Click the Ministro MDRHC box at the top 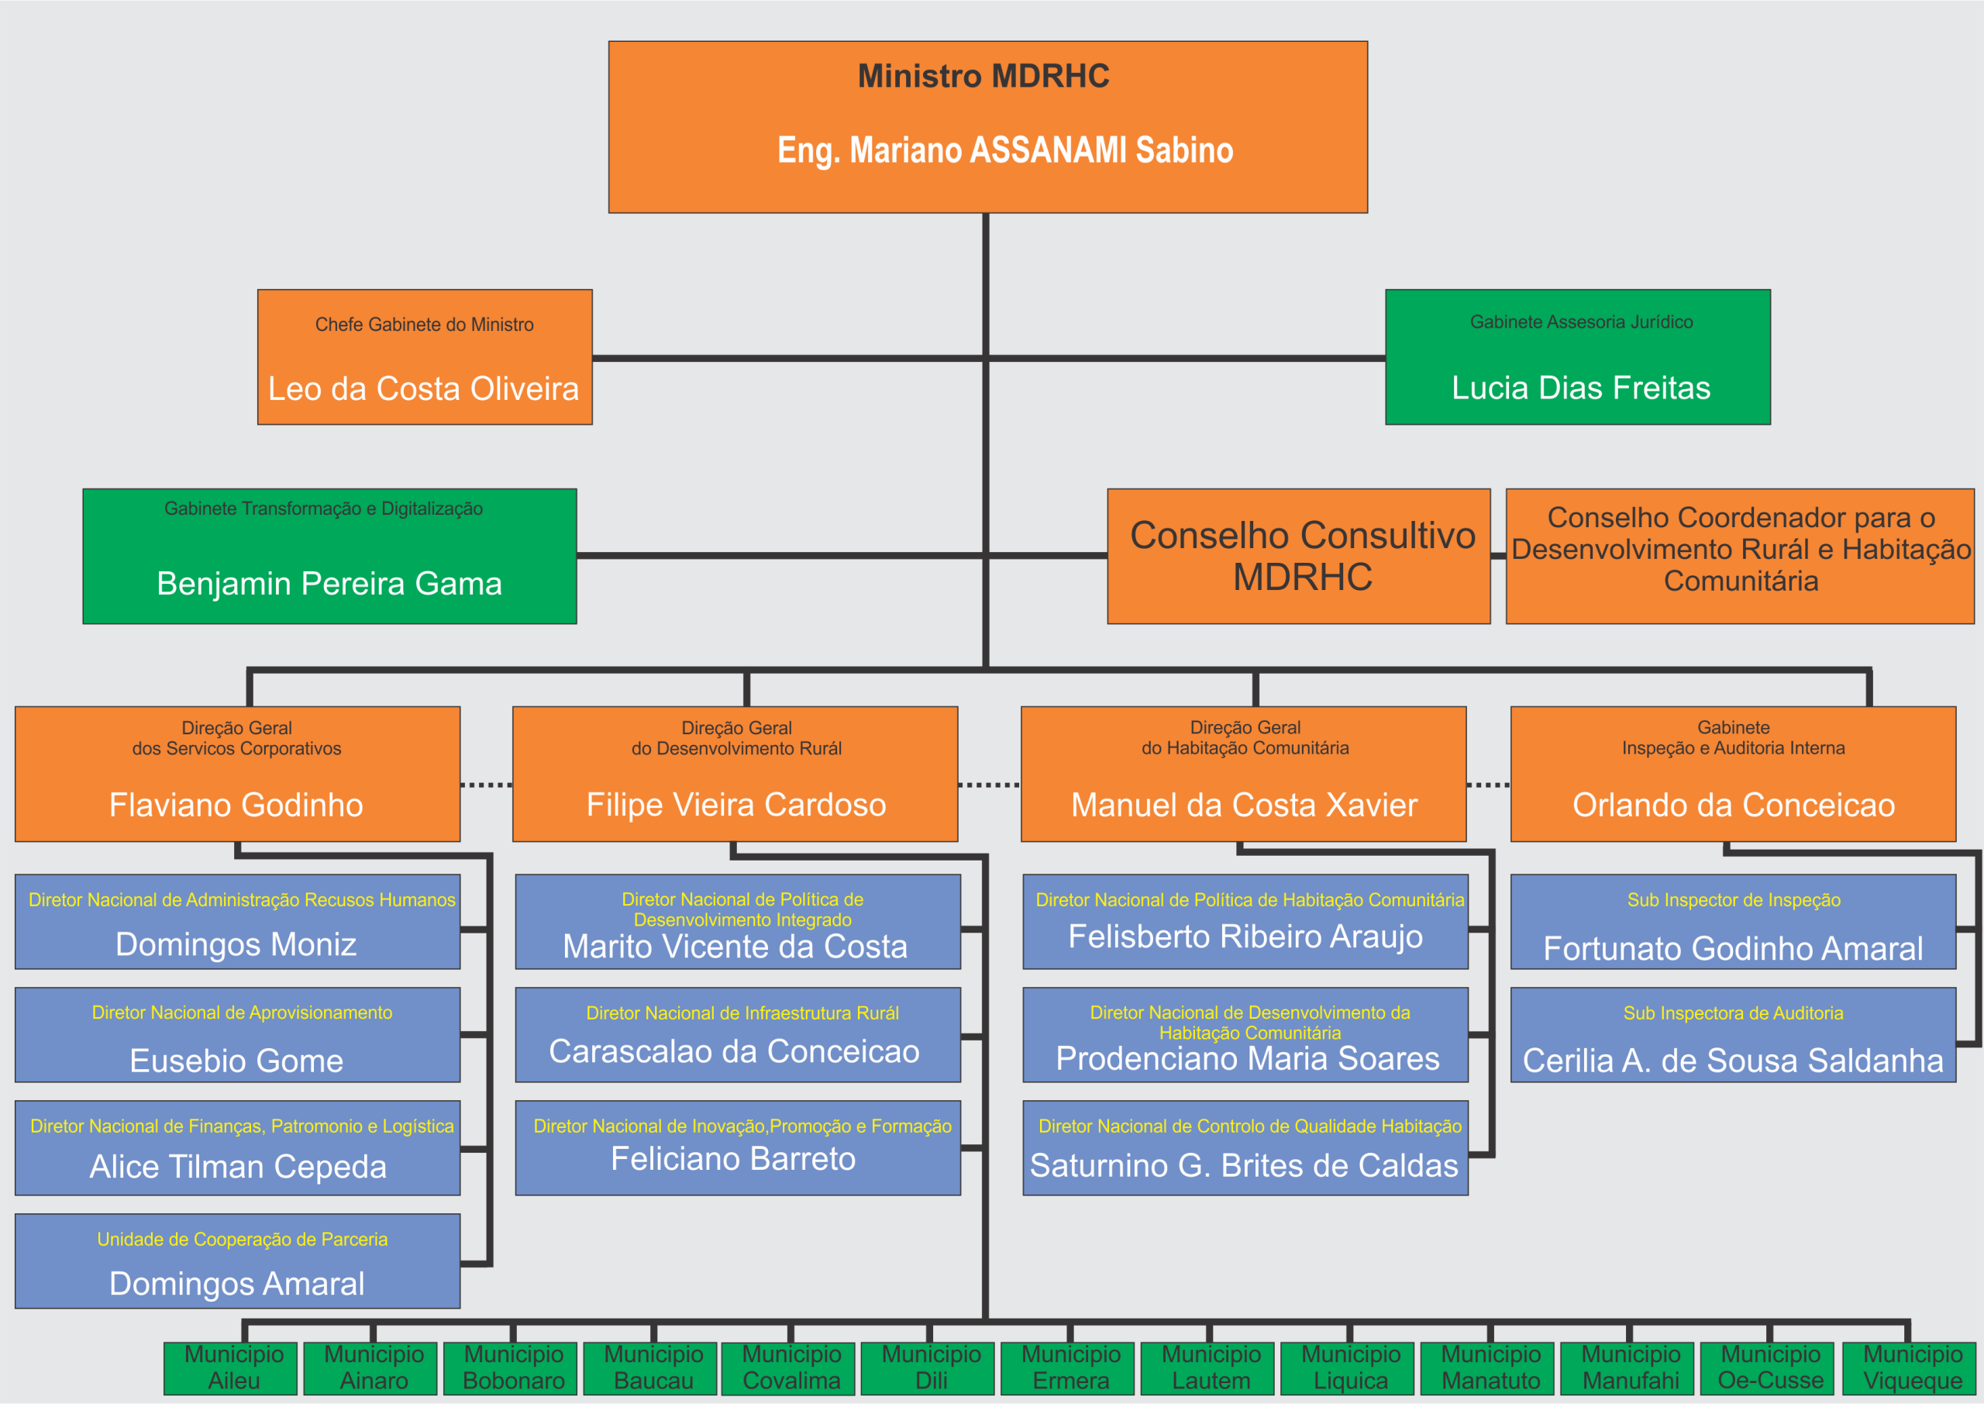(987, 126)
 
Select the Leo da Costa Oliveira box (424, 357)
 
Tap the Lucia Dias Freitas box (1577, 357)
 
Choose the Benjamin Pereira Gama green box (329, 556)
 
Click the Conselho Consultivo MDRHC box (1298, 556)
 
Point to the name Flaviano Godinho (236, 805)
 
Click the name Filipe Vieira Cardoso (736, 805)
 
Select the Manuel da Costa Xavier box (1242, 774)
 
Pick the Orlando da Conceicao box (1733, 774)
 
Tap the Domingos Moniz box (237, 922)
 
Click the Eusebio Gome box (237, 1035)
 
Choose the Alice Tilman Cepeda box (237, 1147)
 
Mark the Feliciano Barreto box (737, 1147)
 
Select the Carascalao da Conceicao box (737, 1035)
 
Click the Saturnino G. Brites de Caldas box (1245, 1147)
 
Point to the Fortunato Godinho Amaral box (1733, 922)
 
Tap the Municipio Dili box (931, 1368)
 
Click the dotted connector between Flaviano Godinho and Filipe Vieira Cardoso (487, 785)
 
